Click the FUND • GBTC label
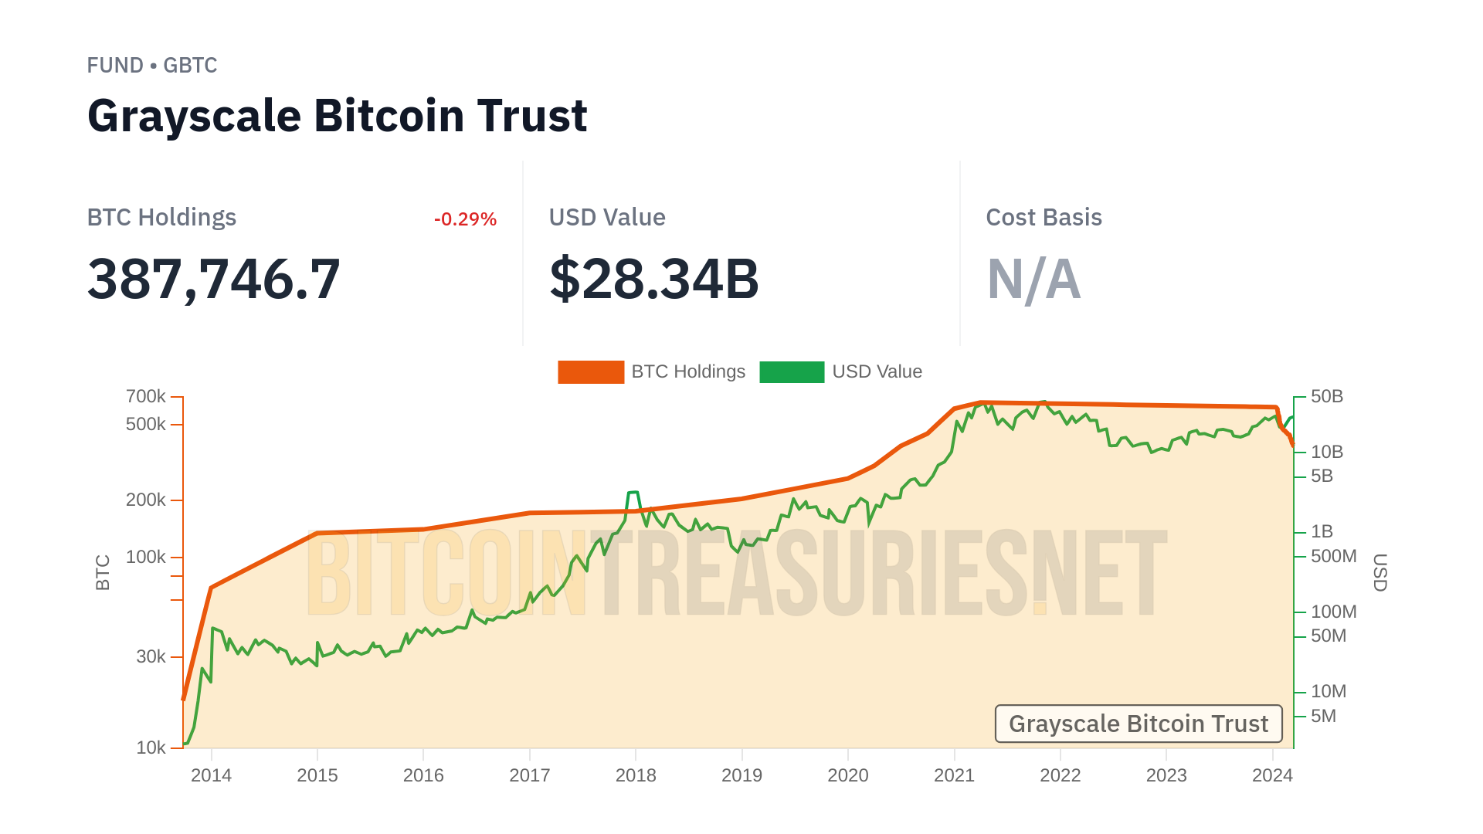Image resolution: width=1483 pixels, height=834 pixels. (x=151, y=66)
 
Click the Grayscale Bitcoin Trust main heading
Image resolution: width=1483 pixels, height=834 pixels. (x=337, y=116)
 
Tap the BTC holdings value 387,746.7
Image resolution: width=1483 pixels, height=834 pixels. (x=213, y=279)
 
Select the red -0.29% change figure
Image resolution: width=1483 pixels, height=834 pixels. (x=465, y=219)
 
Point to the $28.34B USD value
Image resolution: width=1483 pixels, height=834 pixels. (x=653, y=279)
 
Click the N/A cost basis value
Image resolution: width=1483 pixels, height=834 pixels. (x=1033, y=279)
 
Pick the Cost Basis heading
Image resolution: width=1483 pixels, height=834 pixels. (x=1044, y=218)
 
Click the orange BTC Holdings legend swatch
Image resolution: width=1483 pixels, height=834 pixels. (x=591, y=372)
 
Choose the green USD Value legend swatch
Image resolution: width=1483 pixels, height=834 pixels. (x=792, y=372)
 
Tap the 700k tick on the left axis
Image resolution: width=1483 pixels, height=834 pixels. (x=146, y=397)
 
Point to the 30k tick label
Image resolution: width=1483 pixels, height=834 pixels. (x=151, y=657)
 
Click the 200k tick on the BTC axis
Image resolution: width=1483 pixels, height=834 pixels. (x=146, y=500)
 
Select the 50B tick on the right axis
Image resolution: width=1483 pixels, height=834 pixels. (x=1326, y=397)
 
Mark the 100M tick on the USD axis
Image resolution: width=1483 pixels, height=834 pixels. (x=1333, y=612)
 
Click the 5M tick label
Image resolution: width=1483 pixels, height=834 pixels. (x=1323, y=717)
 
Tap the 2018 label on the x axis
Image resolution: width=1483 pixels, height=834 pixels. (x=636, y=775)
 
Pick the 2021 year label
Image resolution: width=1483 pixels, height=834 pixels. (x=954, y=775)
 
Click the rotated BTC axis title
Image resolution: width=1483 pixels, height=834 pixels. (x=103, y=572)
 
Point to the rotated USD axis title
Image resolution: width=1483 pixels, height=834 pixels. (x=1380, y=572)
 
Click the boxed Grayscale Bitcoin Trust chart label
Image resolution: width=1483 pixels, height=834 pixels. (x=1138, y=724)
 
